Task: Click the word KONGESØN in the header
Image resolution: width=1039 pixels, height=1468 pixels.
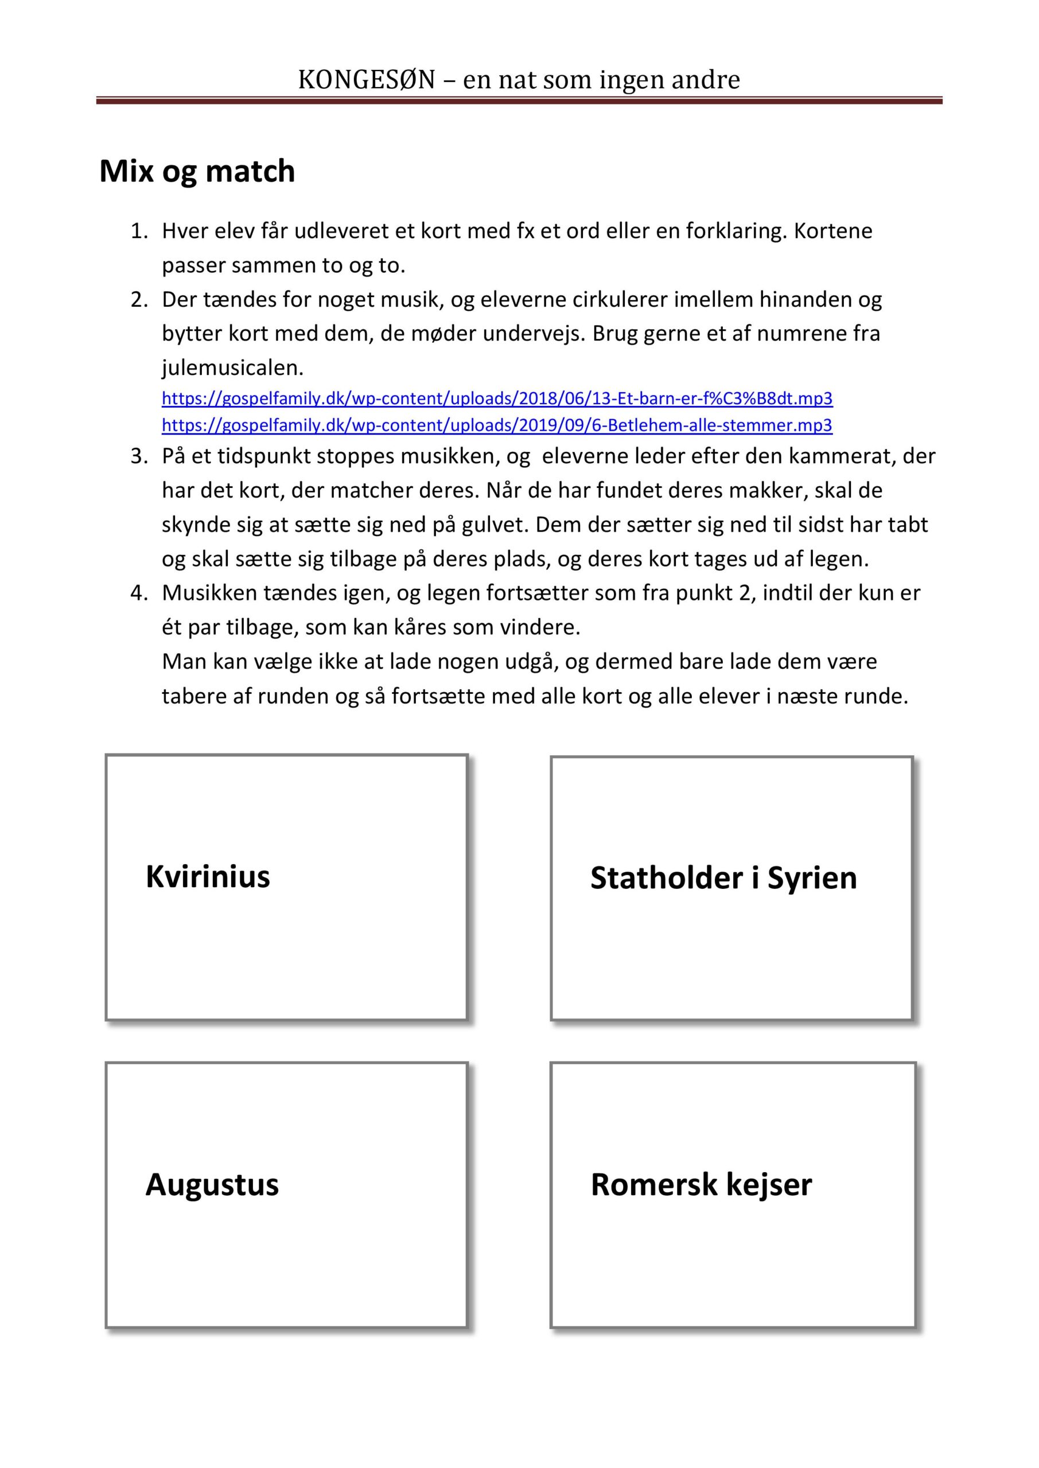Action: click(x=366, y=80)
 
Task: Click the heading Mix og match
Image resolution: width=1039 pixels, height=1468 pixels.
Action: click(x=197, y=171)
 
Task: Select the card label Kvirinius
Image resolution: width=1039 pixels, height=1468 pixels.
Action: click(x=207, y=876)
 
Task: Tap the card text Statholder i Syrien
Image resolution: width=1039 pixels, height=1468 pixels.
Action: click(x=723, y=878)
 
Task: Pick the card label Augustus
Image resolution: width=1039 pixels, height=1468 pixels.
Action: click(x=212, y=1184)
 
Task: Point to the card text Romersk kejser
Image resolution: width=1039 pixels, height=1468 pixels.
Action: click(x=701, y=1184)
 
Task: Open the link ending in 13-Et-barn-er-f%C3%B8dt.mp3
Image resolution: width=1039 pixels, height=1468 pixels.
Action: click(x=496, y=399)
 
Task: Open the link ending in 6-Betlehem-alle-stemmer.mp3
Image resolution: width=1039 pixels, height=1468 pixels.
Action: click(x=496, y=425)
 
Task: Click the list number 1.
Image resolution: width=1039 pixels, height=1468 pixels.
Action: click(x=139, y=231)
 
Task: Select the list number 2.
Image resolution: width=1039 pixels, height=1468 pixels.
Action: click(x=139, y=299)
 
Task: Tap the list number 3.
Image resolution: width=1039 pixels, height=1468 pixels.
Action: click(x=139, y=456)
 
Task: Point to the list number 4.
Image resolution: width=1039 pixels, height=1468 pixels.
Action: click(x=139, y=594)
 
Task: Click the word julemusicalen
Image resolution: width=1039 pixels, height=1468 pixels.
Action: click(x=232, y=368)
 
